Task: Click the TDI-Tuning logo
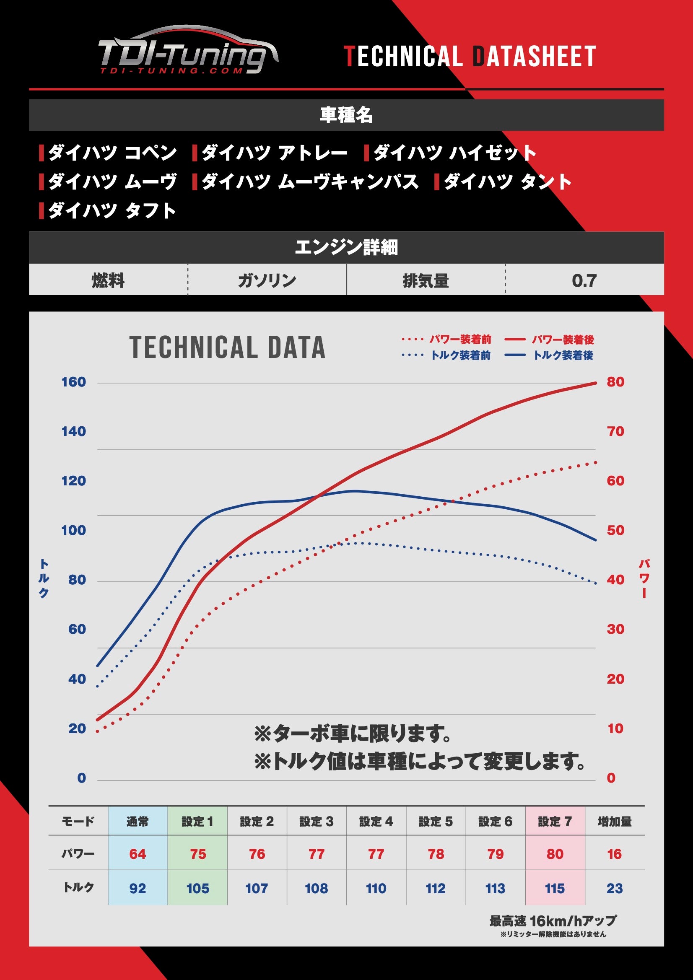point(188,52)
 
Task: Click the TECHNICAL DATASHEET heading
point(470,57)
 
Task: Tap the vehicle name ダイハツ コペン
point(112,153)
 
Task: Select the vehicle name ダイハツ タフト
point(112,210)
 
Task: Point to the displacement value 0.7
point(584,280)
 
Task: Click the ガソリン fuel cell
point(267,280)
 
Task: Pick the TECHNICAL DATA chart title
point(227,347)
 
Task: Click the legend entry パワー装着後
point(563,340)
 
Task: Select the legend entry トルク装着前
point(460,355)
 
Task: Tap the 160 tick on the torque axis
point(74,381)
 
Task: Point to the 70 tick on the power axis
point(615,431)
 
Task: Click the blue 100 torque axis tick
point(74,530)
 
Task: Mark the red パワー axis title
point(644,578)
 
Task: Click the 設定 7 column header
point(555,821)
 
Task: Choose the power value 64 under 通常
point(138,854)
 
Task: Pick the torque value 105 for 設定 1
point(198,889)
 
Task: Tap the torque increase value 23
point(615,889)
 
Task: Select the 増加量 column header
point(615,821)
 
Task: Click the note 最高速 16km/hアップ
point(553,920)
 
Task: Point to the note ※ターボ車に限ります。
point(353,734)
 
